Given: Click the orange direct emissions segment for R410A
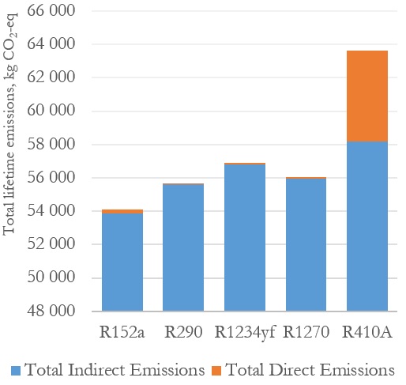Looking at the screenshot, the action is pos(367,96).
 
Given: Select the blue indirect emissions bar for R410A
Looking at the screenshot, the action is pos(367,226).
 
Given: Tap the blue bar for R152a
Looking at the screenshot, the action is pos(122,262).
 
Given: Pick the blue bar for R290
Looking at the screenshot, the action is pos(183,247).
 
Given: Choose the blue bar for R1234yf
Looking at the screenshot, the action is pos(245,238).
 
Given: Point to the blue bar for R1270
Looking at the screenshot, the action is pos(306,245).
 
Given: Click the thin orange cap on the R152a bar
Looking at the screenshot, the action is pos(122,211).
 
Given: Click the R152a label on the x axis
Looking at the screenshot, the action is pos(122,332).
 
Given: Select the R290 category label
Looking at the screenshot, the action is pos(183,332).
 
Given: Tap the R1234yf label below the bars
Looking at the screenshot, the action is pos(245,333).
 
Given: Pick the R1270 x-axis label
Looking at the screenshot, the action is pos(306,332).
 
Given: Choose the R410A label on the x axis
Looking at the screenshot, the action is pos(367,332).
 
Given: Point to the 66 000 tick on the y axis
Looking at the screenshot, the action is pos(51,10).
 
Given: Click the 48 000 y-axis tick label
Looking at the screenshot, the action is pos(51,311).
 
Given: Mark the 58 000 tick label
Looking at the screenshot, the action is pos(51,144).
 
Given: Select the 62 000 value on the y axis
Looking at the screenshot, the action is pos(51,77).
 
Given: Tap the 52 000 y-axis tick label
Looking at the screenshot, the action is pos(51,243).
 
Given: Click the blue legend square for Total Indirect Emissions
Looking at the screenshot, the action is pos(16,371).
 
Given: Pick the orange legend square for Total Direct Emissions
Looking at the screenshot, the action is pos(216,371).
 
